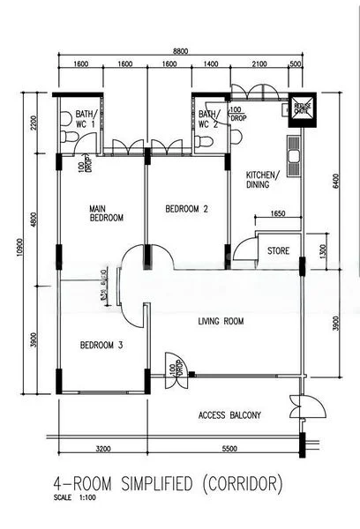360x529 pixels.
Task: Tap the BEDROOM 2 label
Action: tap(186, 209)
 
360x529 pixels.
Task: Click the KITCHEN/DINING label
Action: tap(262, 181)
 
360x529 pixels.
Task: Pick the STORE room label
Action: tap(278, 251)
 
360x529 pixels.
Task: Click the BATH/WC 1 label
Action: tap(85, 118)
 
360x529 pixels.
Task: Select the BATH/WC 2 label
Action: tap(207, 119)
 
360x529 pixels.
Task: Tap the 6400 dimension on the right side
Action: tap(336, 180)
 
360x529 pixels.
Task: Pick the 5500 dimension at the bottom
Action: tap(229, 450)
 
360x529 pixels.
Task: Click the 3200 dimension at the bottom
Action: tap(102, 450)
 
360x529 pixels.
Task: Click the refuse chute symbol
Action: tap(302, 107)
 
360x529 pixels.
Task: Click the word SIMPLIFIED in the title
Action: tap(156, 484)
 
